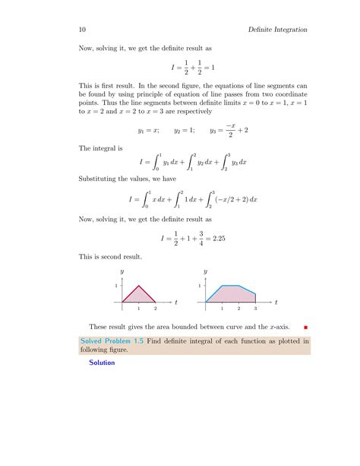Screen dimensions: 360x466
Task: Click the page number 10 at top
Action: click(x=82, y=30)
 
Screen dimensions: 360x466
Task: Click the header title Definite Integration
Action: click(x=277, y=30)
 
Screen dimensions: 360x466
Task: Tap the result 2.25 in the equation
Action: click(x=221, y=238)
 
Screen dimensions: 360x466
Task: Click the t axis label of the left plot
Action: click(x=175, y=303)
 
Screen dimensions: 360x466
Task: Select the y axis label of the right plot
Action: click(x=205, y=271)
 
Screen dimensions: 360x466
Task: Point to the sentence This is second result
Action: click(x=108, y=257)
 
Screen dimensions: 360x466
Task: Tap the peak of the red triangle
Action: click(x=138, y=286)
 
